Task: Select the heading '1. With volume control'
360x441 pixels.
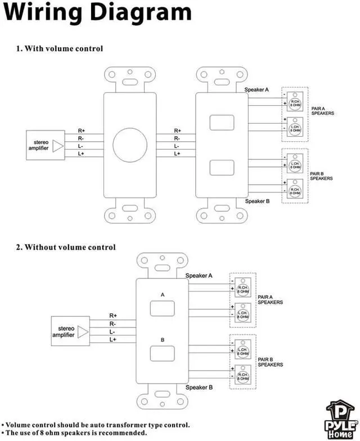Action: pyautogui.click(x=59, y=48)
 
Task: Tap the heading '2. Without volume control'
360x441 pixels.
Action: pyautogui.click(x=65, y=247)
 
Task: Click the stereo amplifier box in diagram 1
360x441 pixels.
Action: pyautogui.click(x=46, y=146)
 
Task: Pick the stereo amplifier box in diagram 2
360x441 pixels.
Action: pyautogui.click(x=70, y=331)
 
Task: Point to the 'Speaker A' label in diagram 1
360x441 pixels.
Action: pyautogui.click(x=256, y=89)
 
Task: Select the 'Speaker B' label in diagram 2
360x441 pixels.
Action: pyautogui.click(x=199, y=387)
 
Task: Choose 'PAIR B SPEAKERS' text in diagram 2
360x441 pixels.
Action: pyautogui.click(x=270, y=362)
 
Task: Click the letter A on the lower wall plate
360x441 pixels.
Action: pyautogui.click(x=162, y=294)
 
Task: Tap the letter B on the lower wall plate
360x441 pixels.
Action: pyautogui.click(x=162, y=340)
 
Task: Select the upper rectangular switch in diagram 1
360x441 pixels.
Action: pyautogui.click(x=221, y=123)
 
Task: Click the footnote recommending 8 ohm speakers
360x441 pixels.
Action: pyautogui.click(x=76, y=433)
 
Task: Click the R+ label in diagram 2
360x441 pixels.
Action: pyautogui.click(x=113, y=316)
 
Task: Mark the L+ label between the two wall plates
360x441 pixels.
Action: pyautogui.click(x=177, y=154)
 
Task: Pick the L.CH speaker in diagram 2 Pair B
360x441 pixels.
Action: pyautogui.click(x=243, y=352)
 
